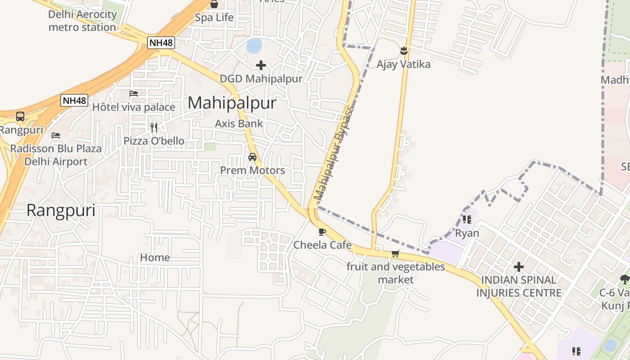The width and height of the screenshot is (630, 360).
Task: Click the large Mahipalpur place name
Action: [232, 103]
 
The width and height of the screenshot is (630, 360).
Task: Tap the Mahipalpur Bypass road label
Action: [334, 153]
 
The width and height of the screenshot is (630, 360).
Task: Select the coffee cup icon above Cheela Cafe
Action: [322, 232]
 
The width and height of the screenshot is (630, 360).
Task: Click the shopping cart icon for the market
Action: [395, 253]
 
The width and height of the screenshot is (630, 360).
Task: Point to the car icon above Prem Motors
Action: [252, 157]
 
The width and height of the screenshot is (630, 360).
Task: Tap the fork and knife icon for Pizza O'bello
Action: [154, 127]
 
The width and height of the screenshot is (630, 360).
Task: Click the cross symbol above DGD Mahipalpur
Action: [261, 65]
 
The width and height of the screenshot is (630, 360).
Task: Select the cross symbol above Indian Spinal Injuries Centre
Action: [519, 267]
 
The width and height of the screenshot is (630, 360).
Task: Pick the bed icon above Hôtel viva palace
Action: [134, 94]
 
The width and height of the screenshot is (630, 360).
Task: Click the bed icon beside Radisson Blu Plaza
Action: [56, 135]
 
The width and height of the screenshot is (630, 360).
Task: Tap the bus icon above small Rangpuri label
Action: [20, 117]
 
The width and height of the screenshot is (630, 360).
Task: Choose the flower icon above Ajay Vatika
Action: [404, 51]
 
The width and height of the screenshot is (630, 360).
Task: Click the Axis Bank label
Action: [239, 123]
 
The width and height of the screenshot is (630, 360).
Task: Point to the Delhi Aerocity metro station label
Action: [82, 21]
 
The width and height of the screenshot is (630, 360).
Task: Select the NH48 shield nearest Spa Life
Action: [161, 43]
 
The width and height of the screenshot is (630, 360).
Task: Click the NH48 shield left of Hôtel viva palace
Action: [74, 100]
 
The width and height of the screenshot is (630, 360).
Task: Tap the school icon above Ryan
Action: [467, 220]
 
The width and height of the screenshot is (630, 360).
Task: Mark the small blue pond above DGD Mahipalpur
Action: [254, 45]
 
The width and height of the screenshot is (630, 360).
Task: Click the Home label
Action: [155, 257]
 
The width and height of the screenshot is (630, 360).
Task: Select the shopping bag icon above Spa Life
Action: [214, 4]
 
